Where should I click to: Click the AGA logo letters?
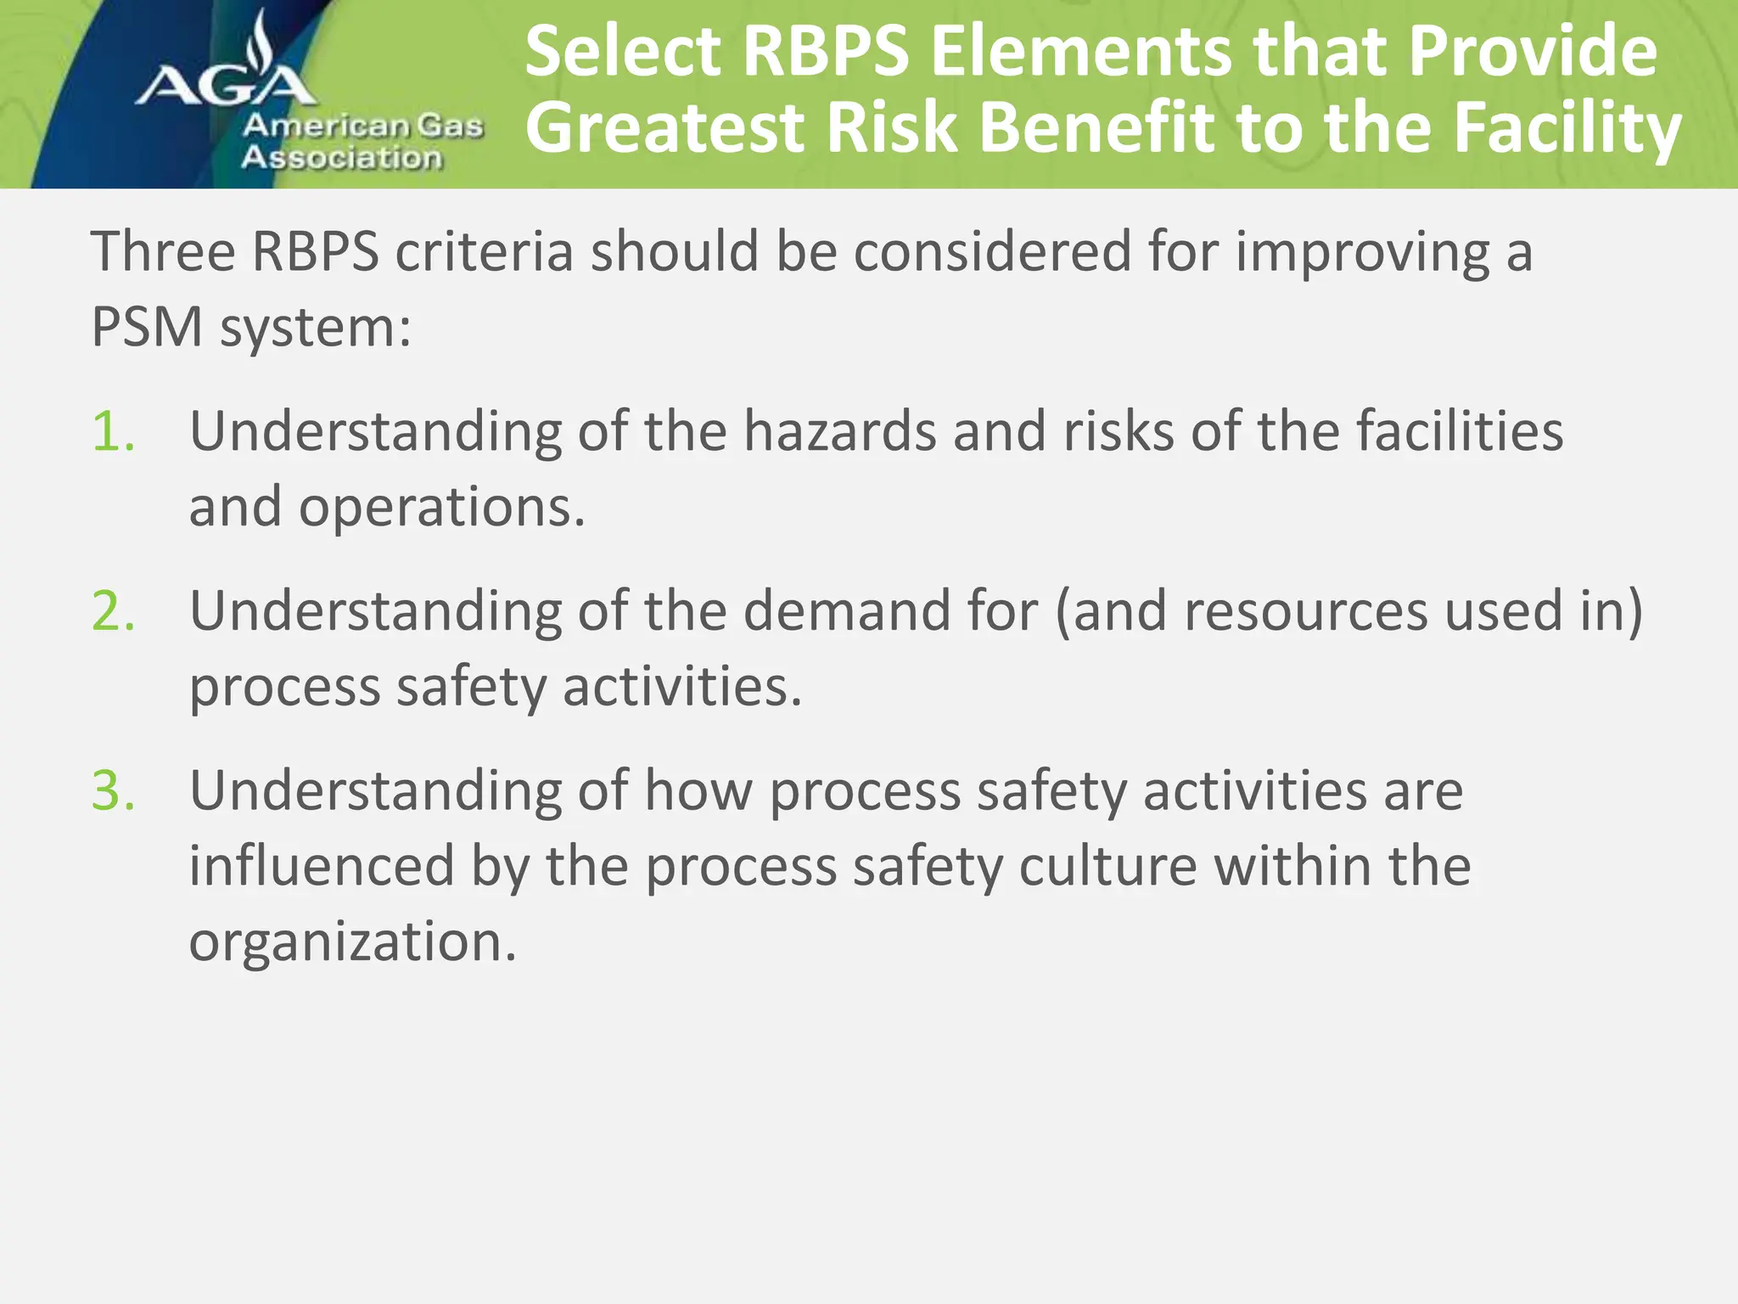pos(225,85)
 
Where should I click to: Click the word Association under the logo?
pos(341,158)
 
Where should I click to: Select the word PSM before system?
pos(146,327)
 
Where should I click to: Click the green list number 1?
pos(113,431)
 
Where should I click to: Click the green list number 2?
pos(113,610)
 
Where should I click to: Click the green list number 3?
pos(113,790)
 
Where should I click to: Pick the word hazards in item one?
pos(839,431)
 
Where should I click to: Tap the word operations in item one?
pos(441,508)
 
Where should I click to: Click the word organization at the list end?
pos(352,942)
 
